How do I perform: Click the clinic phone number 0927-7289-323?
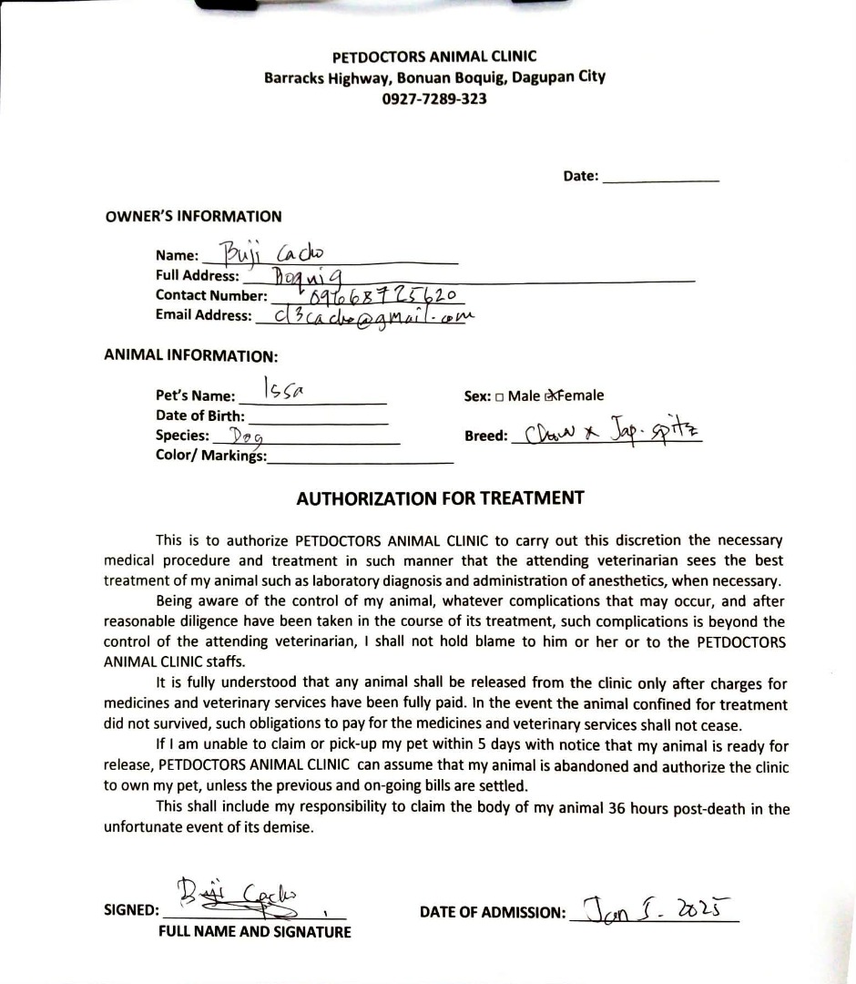(434, 98)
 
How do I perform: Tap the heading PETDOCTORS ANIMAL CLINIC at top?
(434, 56)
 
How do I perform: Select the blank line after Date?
(661, 179)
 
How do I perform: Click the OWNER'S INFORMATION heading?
(194, 217)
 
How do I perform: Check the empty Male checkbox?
(501, 397)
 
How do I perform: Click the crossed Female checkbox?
(550, 396)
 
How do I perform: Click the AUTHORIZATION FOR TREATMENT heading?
(440, 498)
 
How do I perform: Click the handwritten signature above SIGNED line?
(243, 893)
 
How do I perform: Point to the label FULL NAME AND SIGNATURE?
(255, 932)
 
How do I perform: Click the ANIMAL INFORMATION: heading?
(191, 356)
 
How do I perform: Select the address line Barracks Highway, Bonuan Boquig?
(434, 77)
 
